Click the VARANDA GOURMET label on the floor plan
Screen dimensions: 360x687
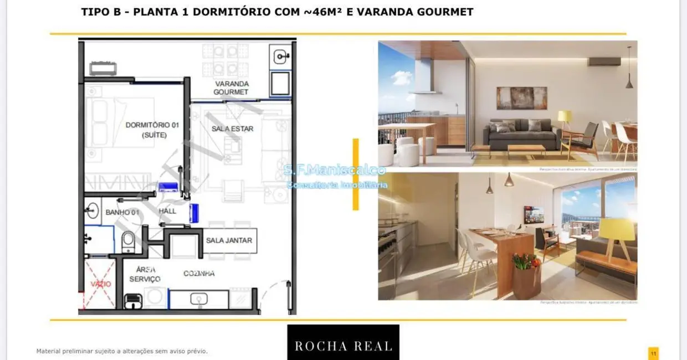[231, 88]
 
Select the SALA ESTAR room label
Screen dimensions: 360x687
[232, 128]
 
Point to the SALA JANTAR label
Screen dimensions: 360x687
[229, 240]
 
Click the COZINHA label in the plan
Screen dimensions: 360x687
[199, 274]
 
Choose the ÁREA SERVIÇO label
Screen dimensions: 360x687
[145, 274]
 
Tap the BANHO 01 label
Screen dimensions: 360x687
[122, 212]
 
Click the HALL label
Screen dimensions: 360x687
[167, 211]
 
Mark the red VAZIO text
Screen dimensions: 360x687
[100, 284]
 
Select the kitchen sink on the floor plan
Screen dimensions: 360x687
[198, 299]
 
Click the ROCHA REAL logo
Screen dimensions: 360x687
[343, 346]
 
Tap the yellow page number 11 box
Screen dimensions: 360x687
[653, 353]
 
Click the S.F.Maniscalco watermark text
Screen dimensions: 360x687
[334, 171]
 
